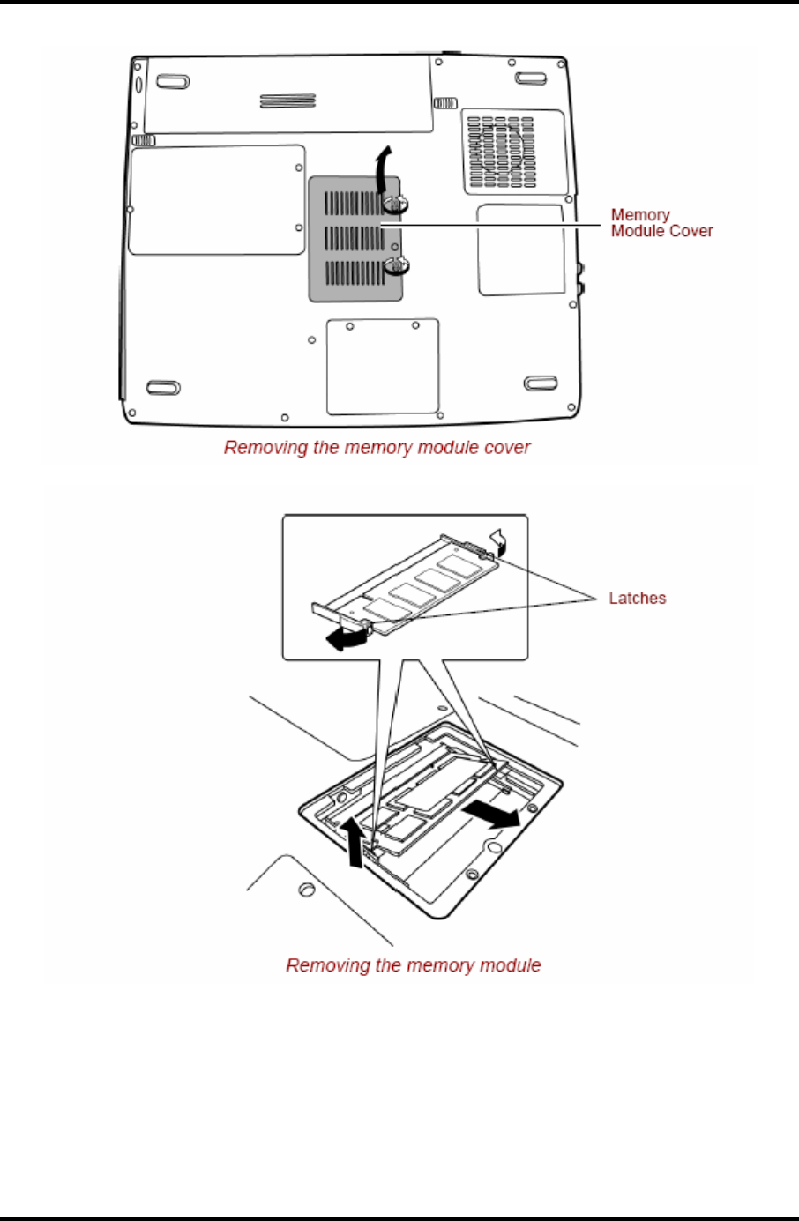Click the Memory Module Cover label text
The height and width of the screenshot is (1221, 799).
click(x=661, y=223)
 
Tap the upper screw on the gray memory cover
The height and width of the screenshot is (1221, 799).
click(x=397, y=205)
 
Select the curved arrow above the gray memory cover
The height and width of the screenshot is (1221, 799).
click(x=381, y=168)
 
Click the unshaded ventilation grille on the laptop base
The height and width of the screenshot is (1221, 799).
click(x=513, y=151)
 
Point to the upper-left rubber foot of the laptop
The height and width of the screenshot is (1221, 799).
click(x=172, y=82)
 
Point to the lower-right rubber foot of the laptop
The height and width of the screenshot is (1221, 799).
click(x=540, y=383)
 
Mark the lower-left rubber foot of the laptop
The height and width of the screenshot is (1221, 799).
click(x=163, y=388)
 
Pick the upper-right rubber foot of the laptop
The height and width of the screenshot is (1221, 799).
click(x=531, y=78)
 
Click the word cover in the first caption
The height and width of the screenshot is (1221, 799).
click(x=507, y=448)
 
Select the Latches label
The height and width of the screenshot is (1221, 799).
click(x=638, y=599)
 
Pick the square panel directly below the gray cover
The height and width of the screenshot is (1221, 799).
click(x=383, y=366)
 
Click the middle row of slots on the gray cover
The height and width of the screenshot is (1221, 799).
click(x=355, y=237)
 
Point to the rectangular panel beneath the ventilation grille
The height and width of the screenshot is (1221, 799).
click(x=521, y=250)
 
